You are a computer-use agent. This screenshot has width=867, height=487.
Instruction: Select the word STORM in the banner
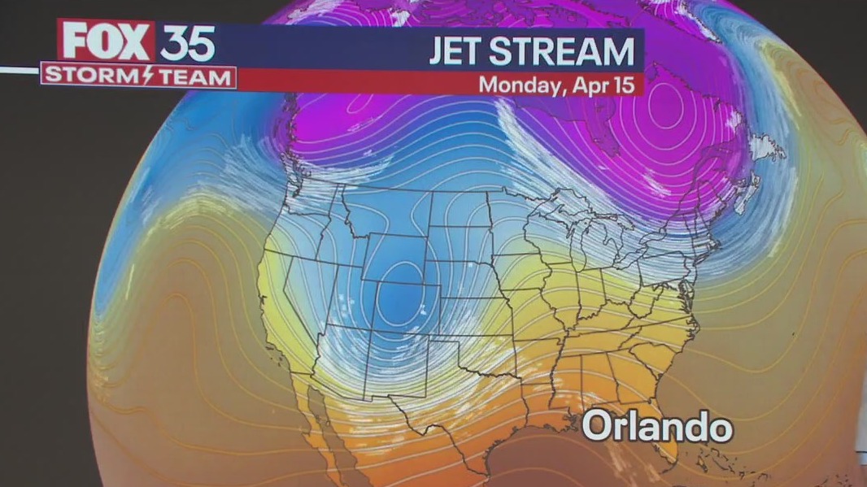(85, 76)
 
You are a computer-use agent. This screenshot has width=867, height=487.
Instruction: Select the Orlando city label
(657, 427)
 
